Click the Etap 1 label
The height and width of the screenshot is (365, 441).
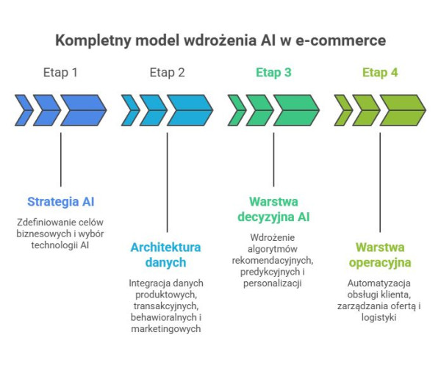coord(60,73)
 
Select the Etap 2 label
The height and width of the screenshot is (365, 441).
coord(167,73)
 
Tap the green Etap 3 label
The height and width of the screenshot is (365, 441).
coord(273,73)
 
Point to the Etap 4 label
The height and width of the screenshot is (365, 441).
coord(380,73)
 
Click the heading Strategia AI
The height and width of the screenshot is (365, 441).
coord(61,201)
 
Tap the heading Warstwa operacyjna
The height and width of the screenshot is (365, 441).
coord(380,254)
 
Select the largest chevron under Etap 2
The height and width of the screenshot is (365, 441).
coord(189,110)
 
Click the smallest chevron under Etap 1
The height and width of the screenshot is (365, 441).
coord(24,110)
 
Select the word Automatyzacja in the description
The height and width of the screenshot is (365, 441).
coord(380,283)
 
